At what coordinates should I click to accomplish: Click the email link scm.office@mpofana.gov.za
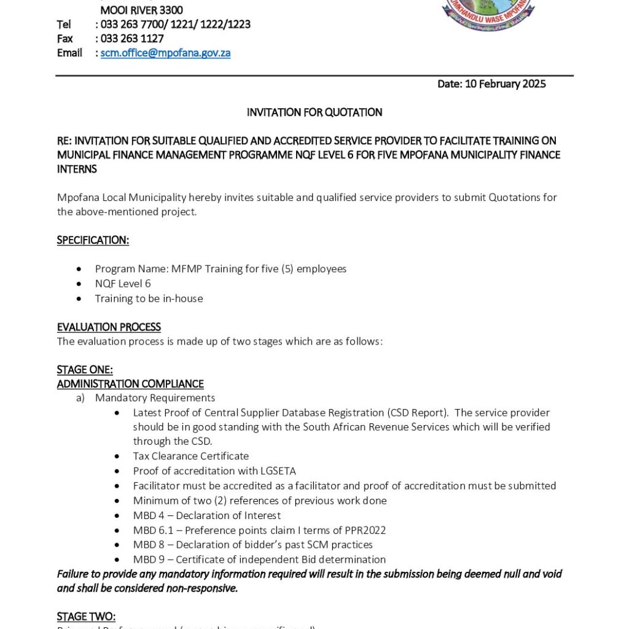click(x=165, y=53)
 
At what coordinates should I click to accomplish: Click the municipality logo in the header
click(x=488, y=14)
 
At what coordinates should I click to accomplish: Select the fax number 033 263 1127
click(x=132, y=39)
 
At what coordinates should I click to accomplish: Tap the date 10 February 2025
click(x=505, y=84)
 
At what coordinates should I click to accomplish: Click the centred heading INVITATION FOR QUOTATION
click(x=314, y=112)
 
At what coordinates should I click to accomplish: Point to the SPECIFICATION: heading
click(x=93, y=240)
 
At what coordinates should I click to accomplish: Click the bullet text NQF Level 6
click(x=123, y=284)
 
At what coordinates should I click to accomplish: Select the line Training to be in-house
click(x=149, y=299)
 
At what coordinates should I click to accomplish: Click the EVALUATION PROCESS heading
click(x=109, y=327)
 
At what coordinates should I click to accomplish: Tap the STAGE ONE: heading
click(x=85, y=370)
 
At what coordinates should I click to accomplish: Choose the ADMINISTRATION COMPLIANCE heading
click(x=130, y=384)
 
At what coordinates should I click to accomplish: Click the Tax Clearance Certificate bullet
click(x=191, y=456)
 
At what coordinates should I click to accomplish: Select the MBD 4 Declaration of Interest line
click(x=207, y=515)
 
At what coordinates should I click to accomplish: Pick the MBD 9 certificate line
click(x=259, y=560)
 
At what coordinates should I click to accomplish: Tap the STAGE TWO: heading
click(x=86, y=617)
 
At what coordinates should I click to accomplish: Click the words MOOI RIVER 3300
click(x=141, y=10)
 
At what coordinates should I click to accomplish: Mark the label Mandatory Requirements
click(x=155, y=398)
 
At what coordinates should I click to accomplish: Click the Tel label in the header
click(x=64, y=25)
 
